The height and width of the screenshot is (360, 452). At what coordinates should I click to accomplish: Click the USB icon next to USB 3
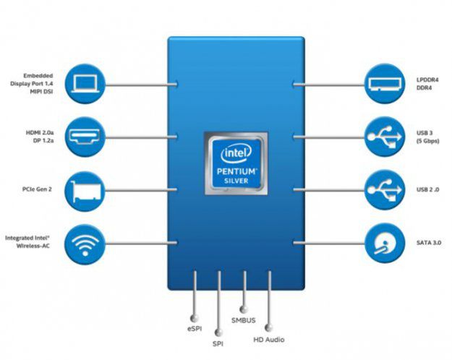tap(384, 137)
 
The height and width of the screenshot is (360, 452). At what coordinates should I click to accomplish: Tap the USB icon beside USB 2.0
tap(384, 190)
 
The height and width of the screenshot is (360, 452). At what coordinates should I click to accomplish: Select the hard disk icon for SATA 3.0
tap(384, 244)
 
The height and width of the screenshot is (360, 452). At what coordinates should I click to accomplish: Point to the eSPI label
tap(194, 328)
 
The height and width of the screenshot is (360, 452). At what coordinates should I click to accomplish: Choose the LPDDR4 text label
tap(427, 79)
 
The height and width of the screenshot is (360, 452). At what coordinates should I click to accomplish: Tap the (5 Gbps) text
tap(428, 141)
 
